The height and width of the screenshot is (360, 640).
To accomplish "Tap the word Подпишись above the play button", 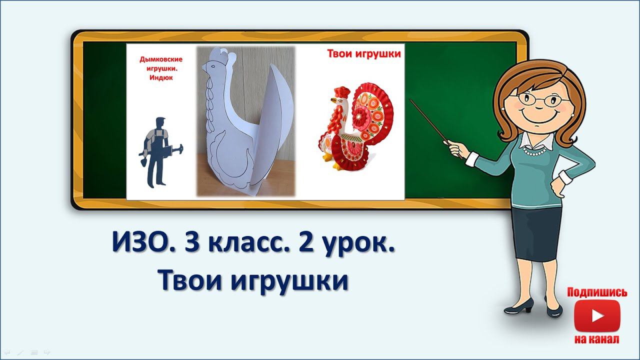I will pos(597,292).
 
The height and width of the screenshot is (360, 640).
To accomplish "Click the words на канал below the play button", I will pos(597,339).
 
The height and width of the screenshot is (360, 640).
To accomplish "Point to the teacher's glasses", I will pos(541,98).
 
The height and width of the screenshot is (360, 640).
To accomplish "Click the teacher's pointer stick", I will pos(430,122).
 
